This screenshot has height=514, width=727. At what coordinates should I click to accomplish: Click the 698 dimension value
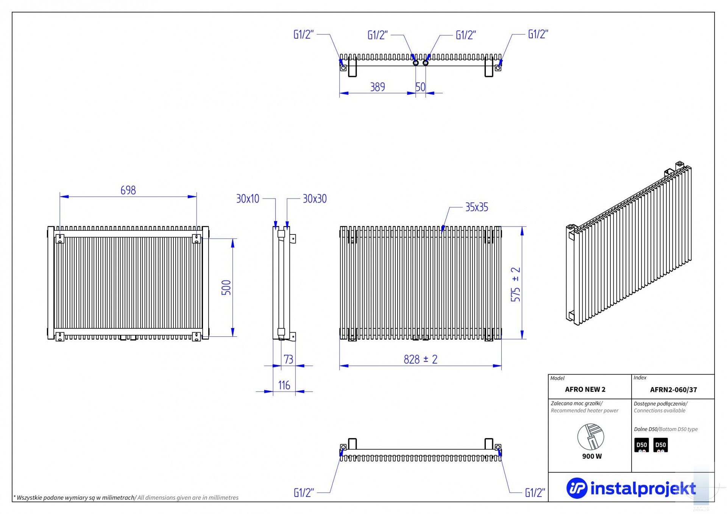tap(128, 190)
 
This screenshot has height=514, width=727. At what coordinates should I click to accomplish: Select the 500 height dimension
tap(226, 287)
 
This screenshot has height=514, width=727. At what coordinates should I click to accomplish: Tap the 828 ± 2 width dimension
tap(420, 359)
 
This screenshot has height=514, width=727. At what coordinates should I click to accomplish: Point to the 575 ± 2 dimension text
tap(516, 284)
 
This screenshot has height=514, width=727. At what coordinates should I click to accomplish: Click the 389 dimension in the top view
tap(378, 87)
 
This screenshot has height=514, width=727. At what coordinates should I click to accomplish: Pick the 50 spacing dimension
tap(420, 87)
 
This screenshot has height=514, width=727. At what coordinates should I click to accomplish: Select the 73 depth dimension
tap(289, 359)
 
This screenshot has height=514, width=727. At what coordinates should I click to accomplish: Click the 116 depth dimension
tap(284, 385)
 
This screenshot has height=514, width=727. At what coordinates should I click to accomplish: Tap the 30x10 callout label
tap(248, 198)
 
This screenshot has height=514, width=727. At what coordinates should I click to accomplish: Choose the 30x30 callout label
tap(315, 198)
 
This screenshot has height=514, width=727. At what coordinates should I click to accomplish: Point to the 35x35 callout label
tap(477, 207)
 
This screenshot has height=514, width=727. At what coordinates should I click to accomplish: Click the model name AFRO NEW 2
tap(585, 389)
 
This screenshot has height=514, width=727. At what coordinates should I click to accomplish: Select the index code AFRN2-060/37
tap(674, 390)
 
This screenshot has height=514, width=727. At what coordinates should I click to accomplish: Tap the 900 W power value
tap(592, 456)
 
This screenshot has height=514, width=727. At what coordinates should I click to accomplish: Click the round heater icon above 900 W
tap(591, 437)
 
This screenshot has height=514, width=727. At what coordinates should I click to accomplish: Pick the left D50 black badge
tap(641, 445)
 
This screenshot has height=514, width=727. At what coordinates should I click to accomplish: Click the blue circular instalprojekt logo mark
tap(577, 488)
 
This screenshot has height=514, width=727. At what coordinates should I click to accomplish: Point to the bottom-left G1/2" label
tap(304, 493)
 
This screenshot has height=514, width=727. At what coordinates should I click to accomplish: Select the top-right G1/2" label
tap(538, 34)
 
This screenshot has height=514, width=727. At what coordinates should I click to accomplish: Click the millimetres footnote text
tap(126, 498)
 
